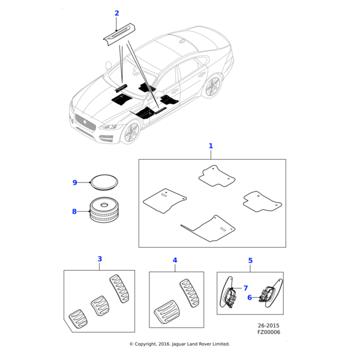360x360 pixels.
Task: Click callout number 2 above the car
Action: [116, 13]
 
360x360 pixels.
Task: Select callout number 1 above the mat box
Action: [211, 146]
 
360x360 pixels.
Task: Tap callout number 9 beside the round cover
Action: [75, 182]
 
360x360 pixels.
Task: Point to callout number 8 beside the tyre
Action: [74, 211]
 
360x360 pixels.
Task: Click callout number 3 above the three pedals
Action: [100, 259]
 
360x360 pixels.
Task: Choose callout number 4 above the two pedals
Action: [175, 260]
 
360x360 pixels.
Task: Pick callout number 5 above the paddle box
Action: [250, 260]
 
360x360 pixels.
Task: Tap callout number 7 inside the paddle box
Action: [245, 289]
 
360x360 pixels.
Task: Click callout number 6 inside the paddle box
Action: [250, 297]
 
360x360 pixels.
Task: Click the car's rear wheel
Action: [212, 87]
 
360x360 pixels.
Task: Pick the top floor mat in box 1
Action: [217, 176]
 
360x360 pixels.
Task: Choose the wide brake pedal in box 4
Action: [166, 313]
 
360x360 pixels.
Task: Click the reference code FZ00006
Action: [268, 332]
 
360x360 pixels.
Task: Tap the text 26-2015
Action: [269, 325]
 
